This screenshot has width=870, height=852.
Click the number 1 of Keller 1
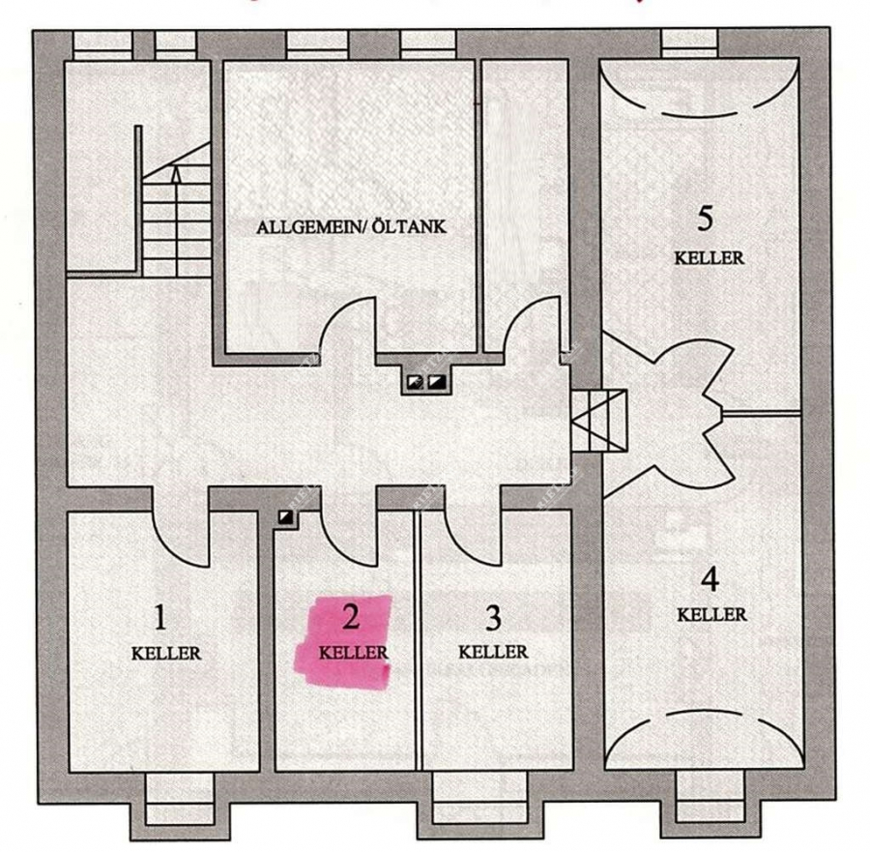click(161, 616)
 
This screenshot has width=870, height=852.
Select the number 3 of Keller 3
click(493, 616)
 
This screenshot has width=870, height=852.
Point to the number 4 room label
click(710, 580)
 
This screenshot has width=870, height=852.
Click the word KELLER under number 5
click(709, 258)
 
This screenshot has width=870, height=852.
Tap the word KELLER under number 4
click(711, 614)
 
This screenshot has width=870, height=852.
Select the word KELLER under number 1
click(165, 653)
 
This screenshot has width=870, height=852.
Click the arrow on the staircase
click(176, 176)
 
